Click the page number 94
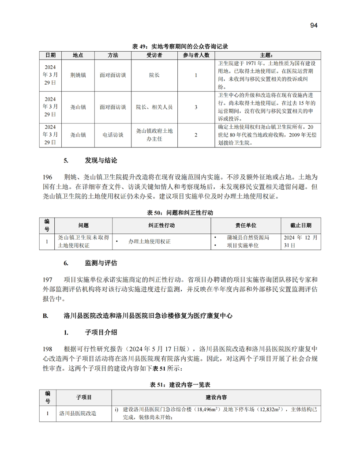point(314,26)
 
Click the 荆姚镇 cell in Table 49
point(78,75)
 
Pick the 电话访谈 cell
point(112,135)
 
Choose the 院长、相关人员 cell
point(154,107)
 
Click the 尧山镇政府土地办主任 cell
point(154,135)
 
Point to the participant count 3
point(196,107)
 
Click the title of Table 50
point(180,213)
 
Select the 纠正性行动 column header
point(161,225)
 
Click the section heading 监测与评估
point(101,263)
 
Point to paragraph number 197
point(48,280)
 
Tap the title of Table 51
point(180,385)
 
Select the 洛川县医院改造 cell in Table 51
point(78,414)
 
